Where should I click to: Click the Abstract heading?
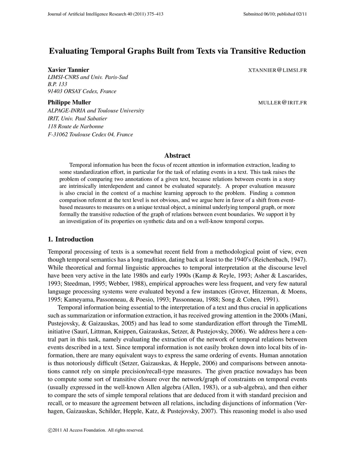[177, 155]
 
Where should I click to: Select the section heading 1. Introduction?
[70, 240]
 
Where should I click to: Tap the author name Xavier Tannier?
[68, 70]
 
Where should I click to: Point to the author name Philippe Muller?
[69, 102]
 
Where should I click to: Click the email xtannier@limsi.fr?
[277, 70]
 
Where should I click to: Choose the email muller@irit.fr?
[282, 103]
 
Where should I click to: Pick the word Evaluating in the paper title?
[69, 51]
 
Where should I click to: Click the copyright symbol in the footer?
[50, 430]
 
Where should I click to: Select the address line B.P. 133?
[57, 84]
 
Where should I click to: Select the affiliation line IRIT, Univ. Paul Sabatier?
[77, 119]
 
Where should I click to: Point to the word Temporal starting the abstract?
[81, 165]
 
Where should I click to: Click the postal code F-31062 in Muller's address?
[57, 134]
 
